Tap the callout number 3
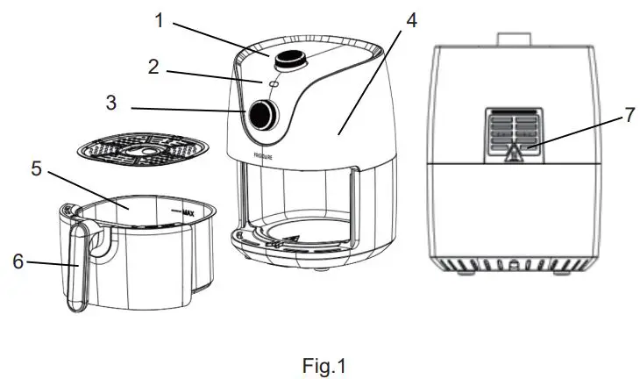tap(110, 104)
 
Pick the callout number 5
tap(36, 168)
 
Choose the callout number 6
tap(17, 262)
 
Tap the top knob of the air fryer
tap(286, 60)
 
